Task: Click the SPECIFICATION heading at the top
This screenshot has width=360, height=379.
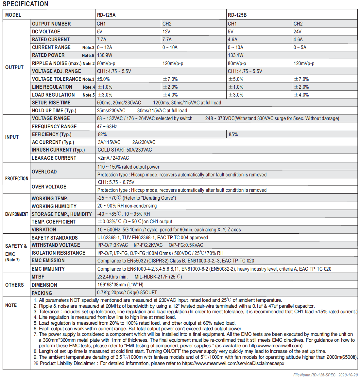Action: click(26, 4)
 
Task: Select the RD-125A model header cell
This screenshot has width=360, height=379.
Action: click(106, 15)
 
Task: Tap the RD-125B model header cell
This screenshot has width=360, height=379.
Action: click(237, 15)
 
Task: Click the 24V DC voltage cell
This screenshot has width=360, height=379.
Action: click(297, 32)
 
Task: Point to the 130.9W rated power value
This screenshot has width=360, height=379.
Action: click(105, 55)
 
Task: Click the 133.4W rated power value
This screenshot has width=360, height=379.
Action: click(235, 55)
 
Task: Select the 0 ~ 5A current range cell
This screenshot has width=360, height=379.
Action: click(300, 47)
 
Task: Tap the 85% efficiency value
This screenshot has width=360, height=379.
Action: click(233, 135)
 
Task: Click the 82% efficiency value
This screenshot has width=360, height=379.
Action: click(102, 135)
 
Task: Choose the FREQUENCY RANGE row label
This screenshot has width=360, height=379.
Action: click(54, 127)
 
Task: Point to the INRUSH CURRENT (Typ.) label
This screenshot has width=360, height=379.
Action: click(58, 150)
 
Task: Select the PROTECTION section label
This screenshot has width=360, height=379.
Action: click(17, 179)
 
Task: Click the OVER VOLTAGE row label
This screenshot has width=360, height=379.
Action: click(49, 187)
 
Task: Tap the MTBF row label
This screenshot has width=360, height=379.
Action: click(38, 277)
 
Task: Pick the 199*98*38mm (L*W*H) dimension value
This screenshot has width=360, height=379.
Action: click(120, 285)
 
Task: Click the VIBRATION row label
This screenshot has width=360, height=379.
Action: click(44, 230)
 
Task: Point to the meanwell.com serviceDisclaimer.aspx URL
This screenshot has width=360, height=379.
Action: click(233, 363)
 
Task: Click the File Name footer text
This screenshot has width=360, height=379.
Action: click(325, 375)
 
